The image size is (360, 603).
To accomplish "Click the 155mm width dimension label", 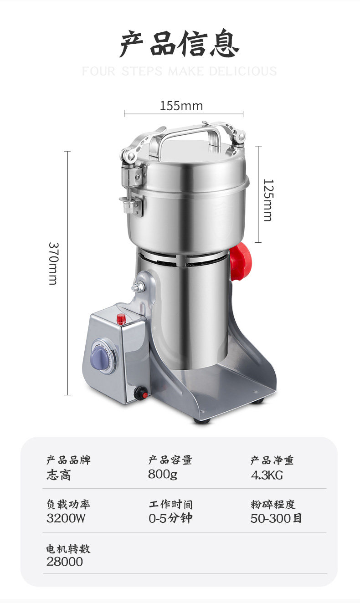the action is (181, 106).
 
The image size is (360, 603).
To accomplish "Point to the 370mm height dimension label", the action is (53, 263).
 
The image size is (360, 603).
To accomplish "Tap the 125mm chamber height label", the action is (268, 200).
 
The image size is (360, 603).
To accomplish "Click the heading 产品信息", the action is (180, 43).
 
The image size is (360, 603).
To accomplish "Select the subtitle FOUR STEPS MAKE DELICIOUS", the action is (180, 72).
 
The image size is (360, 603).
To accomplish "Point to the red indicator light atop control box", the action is (121, 319).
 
